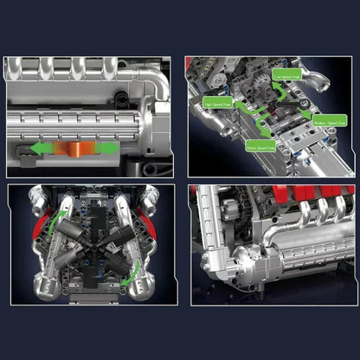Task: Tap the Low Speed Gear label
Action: pyautogui.click(x=286, y=76)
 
